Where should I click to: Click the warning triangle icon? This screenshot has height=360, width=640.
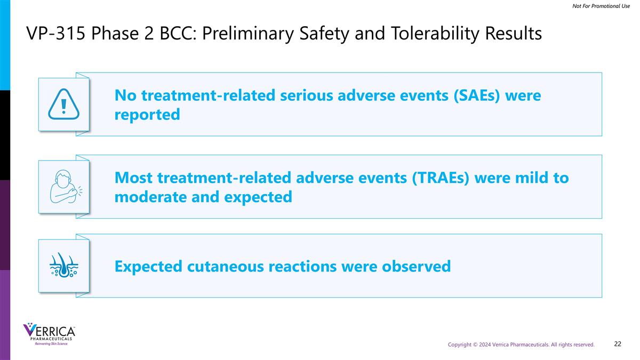(63, 105)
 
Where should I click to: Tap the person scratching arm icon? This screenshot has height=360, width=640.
(63, 187)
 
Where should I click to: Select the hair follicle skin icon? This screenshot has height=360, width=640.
(63, 266)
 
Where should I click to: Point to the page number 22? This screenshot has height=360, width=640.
(618, 344)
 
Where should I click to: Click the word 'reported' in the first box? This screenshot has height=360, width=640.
(147, 115)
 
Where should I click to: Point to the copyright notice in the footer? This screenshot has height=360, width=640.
(521, 345)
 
